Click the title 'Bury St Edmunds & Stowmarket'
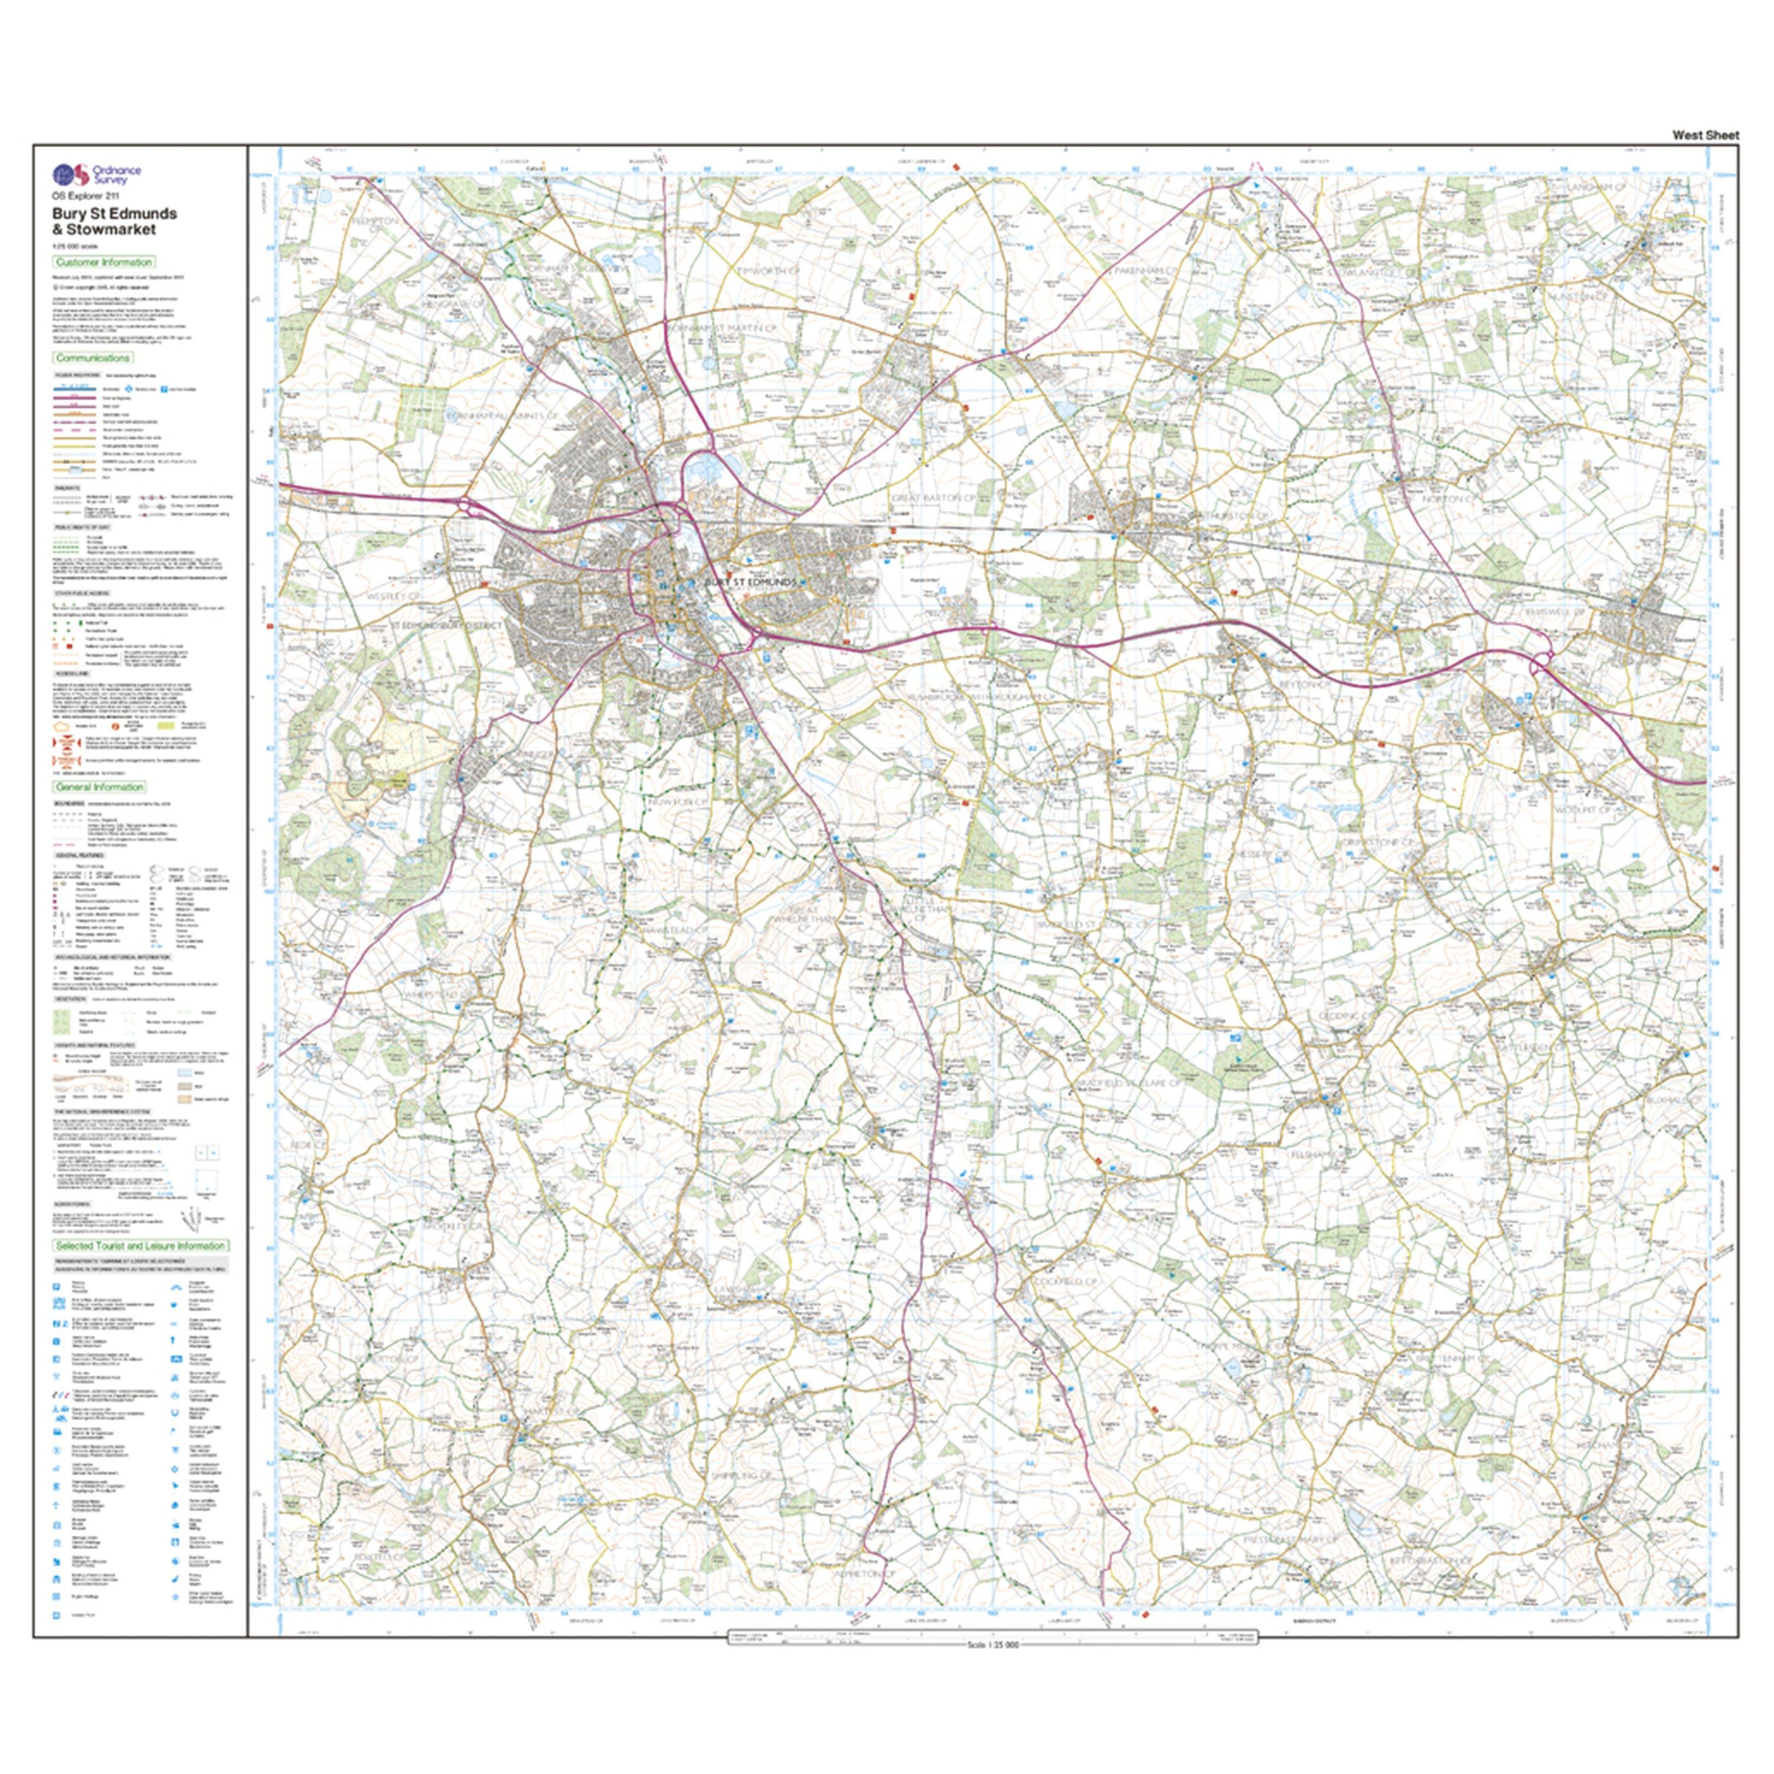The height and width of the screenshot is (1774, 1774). point(114,221)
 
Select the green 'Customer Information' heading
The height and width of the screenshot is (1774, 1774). point(103,263)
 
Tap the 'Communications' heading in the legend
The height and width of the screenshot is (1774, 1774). point(93,358)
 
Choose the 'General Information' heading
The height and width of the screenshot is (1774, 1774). point(100,787)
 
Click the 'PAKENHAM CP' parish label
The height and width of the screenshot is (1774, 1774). point(1143,272)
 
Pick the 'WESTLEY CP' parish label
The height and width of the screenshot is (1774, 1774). point(392,596)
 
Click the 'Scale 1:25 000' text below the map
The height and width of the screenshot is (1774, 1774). point(993,1671)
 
